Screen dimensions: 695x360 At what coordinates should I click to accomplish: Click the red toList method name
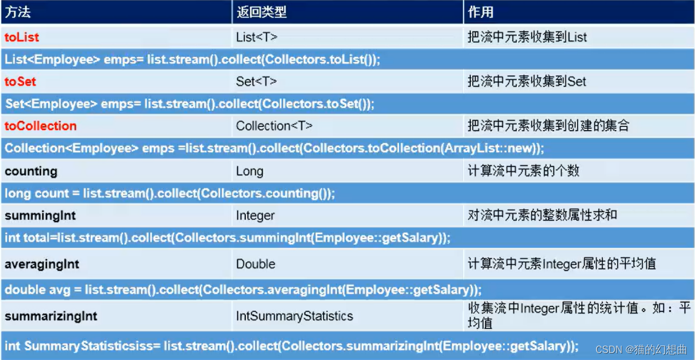tap(22, 37)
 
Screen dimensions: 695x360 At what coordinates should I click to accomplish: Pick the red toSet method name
tap(20, 82)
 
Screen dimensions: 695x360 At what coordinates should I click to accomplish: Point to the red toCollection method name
tap(41, 126)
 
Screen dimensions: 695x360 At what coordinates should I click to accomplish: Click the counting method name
tap(31, 171)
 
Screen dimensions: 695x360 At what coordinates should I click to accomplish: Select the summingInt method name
tap(40, 216)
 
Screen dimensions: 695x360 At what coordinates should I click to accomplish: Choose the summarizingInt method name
tap(51, 316)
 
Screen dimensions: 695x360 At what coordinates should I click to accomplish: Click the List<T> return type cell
tap(257, 37)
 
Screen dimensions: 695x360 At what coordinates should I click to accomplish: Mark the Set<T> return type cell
tap(256, 82)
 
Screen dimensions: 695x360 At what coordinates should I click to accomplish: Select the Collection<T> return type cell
tap(274, 126)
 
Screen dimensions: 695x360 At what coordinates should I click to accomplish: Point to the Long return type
tap(250, 171)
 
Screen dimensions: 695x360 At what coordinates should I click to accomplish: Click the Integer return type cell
tap(255, 216)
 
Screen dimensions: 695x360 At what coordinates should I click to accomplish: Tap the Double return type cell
tap(256, 264)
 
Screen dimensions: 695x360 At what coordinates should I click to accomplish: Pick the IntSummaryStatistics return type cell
tap(295, 316)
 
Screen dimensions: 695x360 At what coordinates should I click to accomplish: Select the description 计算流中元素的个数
tap(523, 171)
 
